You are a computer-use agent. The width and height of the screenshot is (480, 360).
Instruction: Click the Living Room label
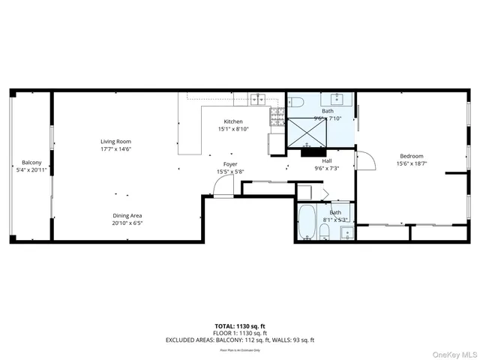116,141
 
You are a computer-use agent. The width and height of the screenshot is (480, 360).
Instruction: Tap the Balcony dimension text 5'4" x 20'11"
31,170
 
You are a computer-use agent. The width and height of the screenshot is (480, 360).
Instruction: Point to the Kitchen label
233,121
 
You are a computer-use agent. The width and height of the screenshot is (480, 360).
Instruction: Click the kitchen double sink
259,97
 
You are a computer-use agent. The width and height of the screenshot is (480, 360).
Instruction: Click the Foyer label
230,164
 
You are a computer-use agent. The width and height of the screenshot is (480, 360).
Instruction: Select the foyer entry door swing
223,187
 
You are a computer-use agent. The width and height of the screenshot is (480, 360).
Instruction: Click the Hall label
327,160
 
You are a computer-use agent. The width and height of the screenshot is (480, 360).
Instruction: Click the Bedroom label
412,156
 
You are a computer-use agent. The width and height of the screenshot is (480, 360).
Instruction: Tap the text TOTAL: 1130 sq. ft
240,326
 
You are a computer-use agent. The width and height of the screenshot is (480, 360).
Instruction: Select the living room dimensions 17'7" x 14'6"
116,148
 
